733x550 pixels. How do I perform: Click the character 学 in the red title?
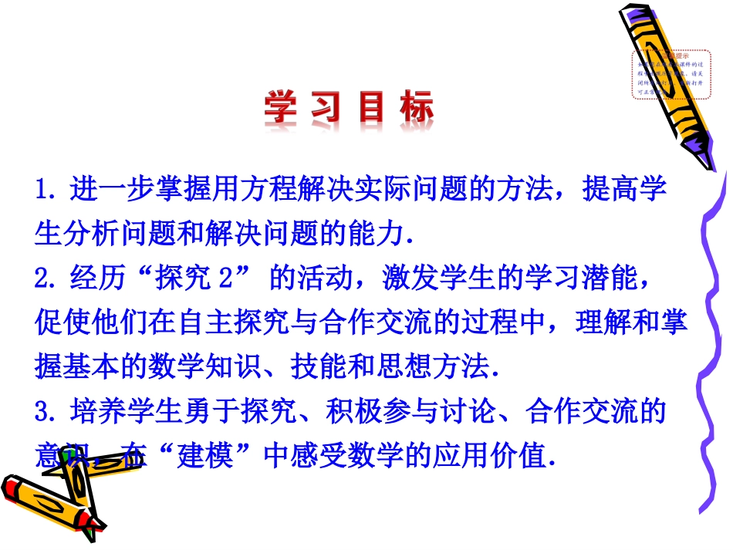[281, 109]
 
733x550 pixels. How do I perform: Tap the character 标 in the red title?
[415, 109]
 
